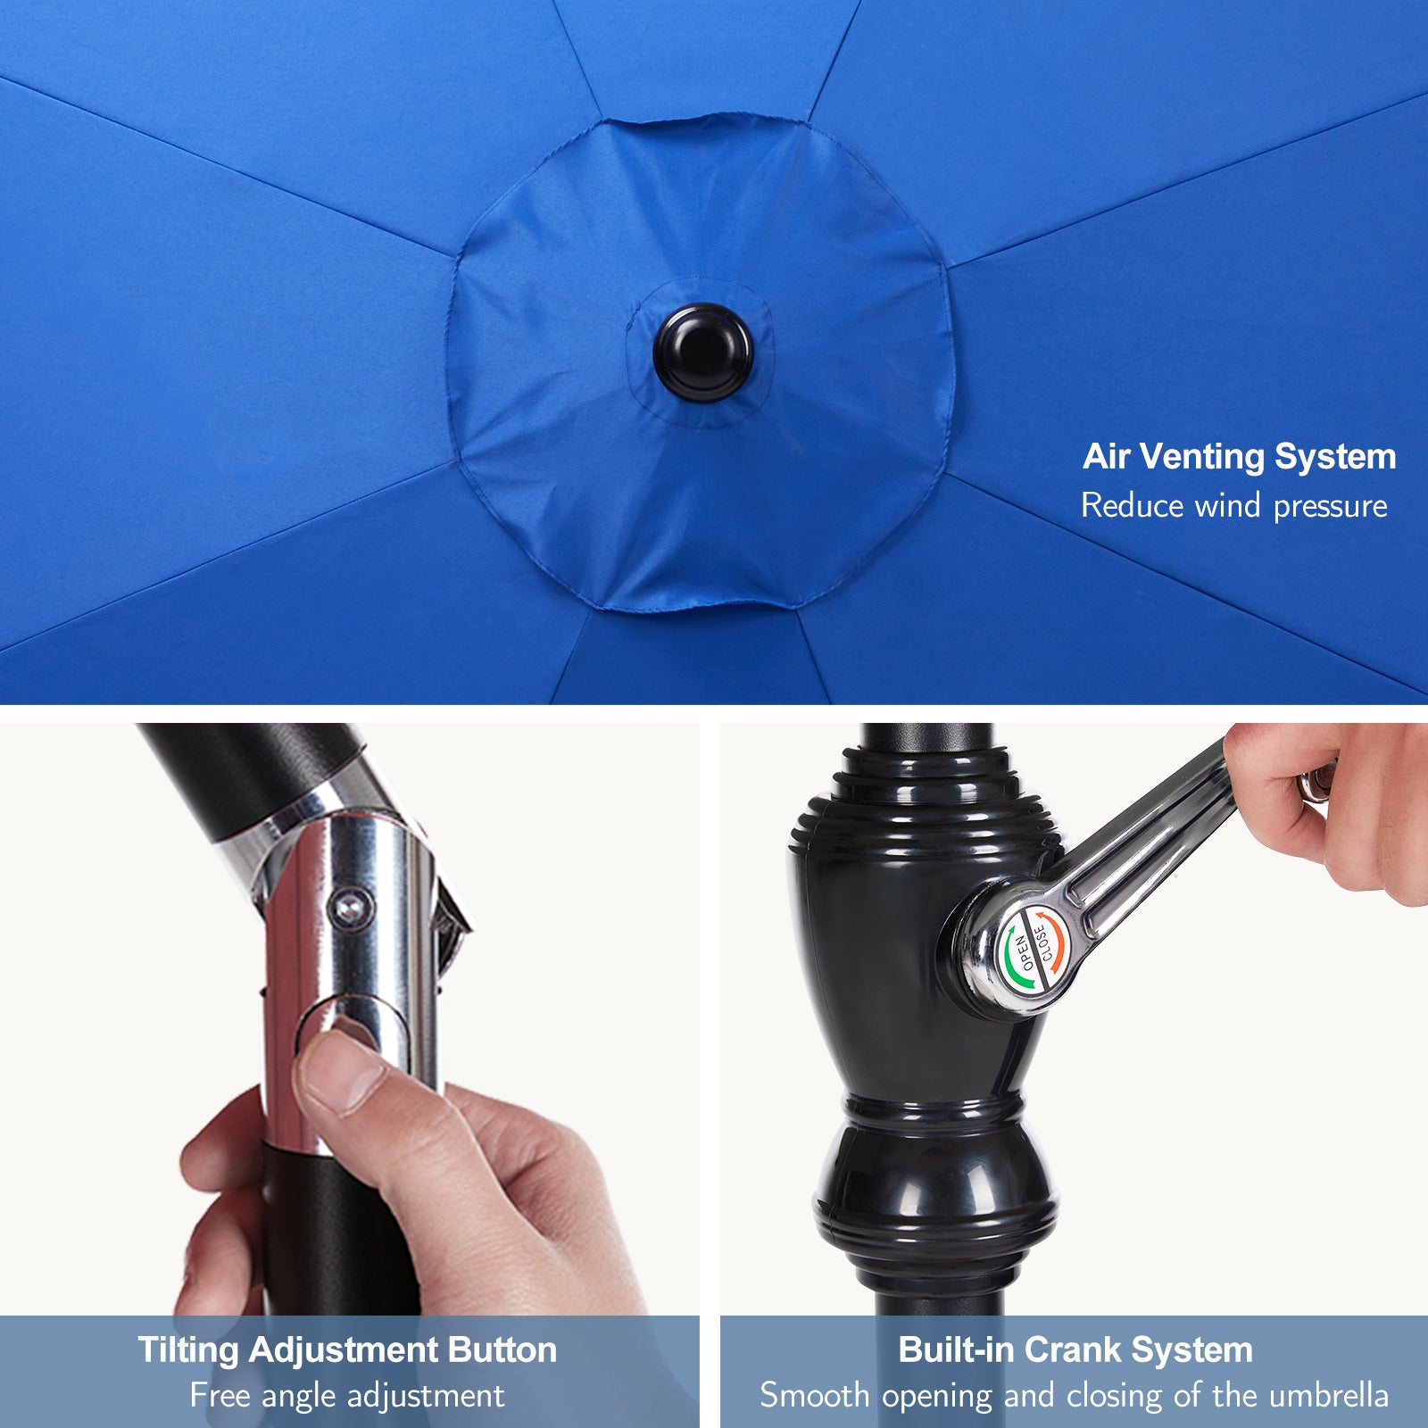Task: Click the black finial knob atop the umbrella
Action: [x=703, y=352]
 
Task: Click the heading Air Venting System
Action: [x=1239, y=457]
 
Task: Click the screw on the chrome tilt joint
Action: [x=349, y=909]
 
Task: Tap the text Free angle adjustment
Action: [x=347, y=1395]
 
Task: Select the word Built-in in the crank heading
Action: [x=955, y=1349]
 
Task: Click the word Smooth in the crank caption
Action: [x=814, y=1395]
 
